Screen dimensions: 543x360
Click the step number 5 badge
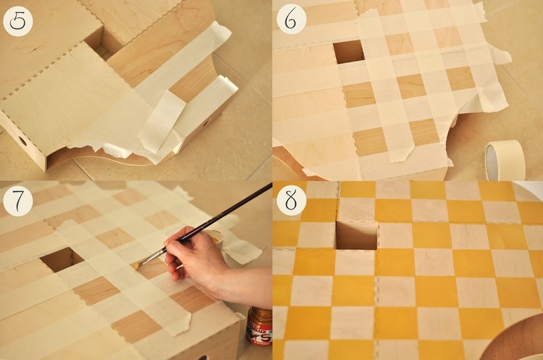click(x=17, y=22)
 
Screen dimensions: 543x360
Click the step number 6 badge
click(x=291, y=20)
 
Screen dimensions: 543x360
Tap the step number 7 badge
click(x=17, y=201)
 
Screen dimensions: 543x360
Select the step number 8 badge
click(x=291, y=200)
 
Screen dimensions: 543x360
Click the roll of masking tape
click(x=505, y=160)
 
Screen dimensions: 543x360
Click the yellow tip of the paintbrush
click(x=136, y=266)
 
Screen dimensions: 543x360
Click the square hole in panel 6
click(x=349, y=51)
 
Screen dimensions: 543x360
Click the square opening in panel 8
click(x=357, y=235)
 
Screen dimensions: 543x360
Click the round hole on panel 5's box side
click(x=22, y=141)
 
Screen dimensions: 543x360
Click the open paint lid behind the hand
click(x=215, y=238)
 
